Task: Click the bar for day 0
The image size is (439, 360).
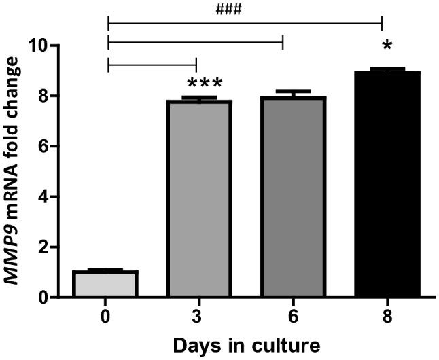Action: (106, 284)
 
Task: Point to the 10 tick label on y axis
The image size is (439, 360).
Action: (39, 46)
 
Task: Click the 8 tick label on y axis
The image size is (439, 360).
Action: (43, 96)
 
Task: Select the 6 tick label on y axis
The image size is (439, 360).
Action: (43, 147)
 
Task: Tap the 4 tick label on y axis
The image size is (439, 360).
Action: (43, 197)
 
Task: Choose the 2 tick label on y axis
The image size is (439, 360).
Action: (43, 247)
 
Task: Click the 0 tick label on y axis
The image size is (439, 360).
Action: (43, 298)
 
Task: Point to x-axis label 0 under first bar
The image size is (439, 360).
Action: (106, 316)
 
